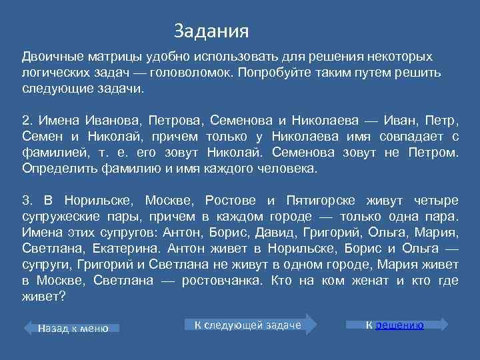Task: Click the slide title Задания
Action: coord(211,31)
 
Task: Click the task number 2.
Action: coord(27,121)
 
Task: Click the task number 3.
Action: coord(27,200)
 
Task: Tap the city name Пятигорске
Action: coord(323,200)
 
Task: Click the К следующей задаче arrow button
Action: coord(248,325)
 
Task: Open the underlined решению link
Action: coord(401,325)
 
